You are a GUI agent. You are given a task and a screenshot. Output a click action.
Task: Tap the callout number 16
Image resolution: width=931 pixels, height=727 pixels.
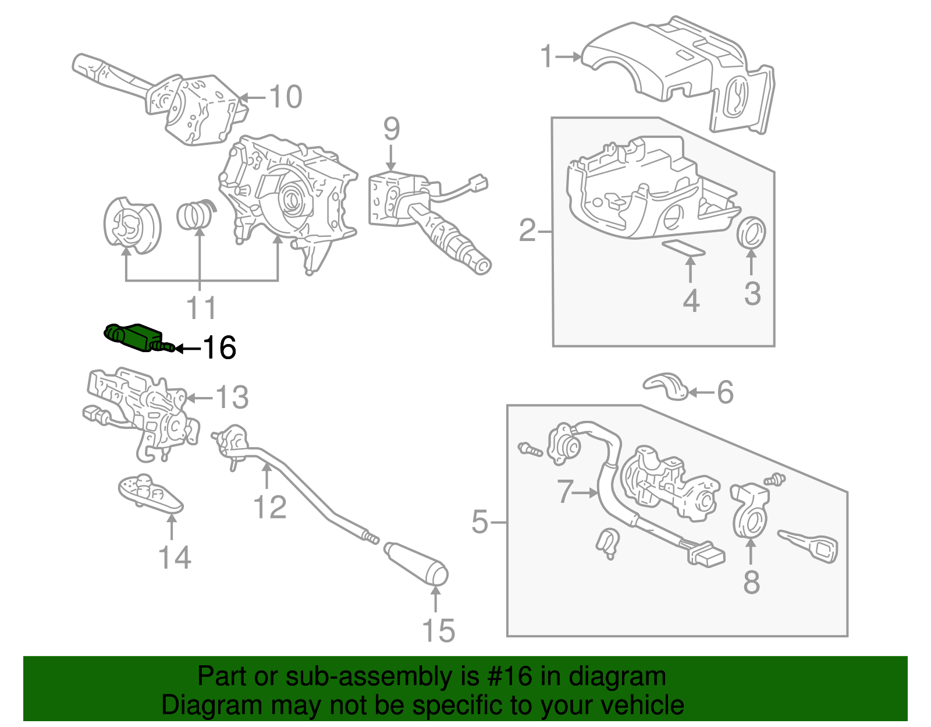219,348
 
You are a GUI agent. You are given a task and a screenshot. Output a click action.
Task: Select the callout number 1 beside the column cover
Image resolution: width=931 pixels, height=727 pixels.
546,57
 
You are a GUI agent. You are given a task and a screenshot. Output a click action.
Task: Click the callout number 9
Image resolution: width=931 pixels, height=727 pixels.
391,129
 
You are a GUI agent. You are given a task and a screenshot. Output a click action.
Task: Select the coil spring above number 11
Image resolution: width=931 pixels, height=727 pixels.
195,215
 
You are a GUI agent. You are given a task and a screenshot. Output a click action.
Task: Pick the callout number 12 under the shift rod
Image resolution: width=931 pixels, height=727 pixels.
270,508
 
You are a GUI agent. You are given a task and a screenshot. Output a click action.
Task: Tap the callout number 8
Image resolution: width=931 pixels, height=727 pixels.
751,581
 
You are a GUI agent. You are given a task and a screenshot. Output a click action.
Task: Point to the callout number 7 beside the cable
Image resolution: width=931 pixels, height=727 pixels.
565,492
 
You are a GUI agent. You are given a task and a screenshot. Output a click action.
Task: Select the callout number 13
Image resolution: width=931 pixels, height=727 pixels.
232,398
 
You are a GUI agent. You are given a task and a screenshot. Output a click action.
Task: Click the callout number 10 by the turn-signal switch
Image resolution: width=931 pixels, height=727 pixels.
285,97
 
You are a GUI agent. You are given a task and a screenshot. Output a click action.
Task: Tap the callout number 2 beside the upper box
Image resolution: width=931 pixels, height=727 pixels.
527,231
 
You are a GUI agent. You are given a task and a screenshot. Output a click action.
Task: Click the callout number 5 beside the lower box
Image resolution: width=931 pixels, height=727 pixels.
479,522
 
